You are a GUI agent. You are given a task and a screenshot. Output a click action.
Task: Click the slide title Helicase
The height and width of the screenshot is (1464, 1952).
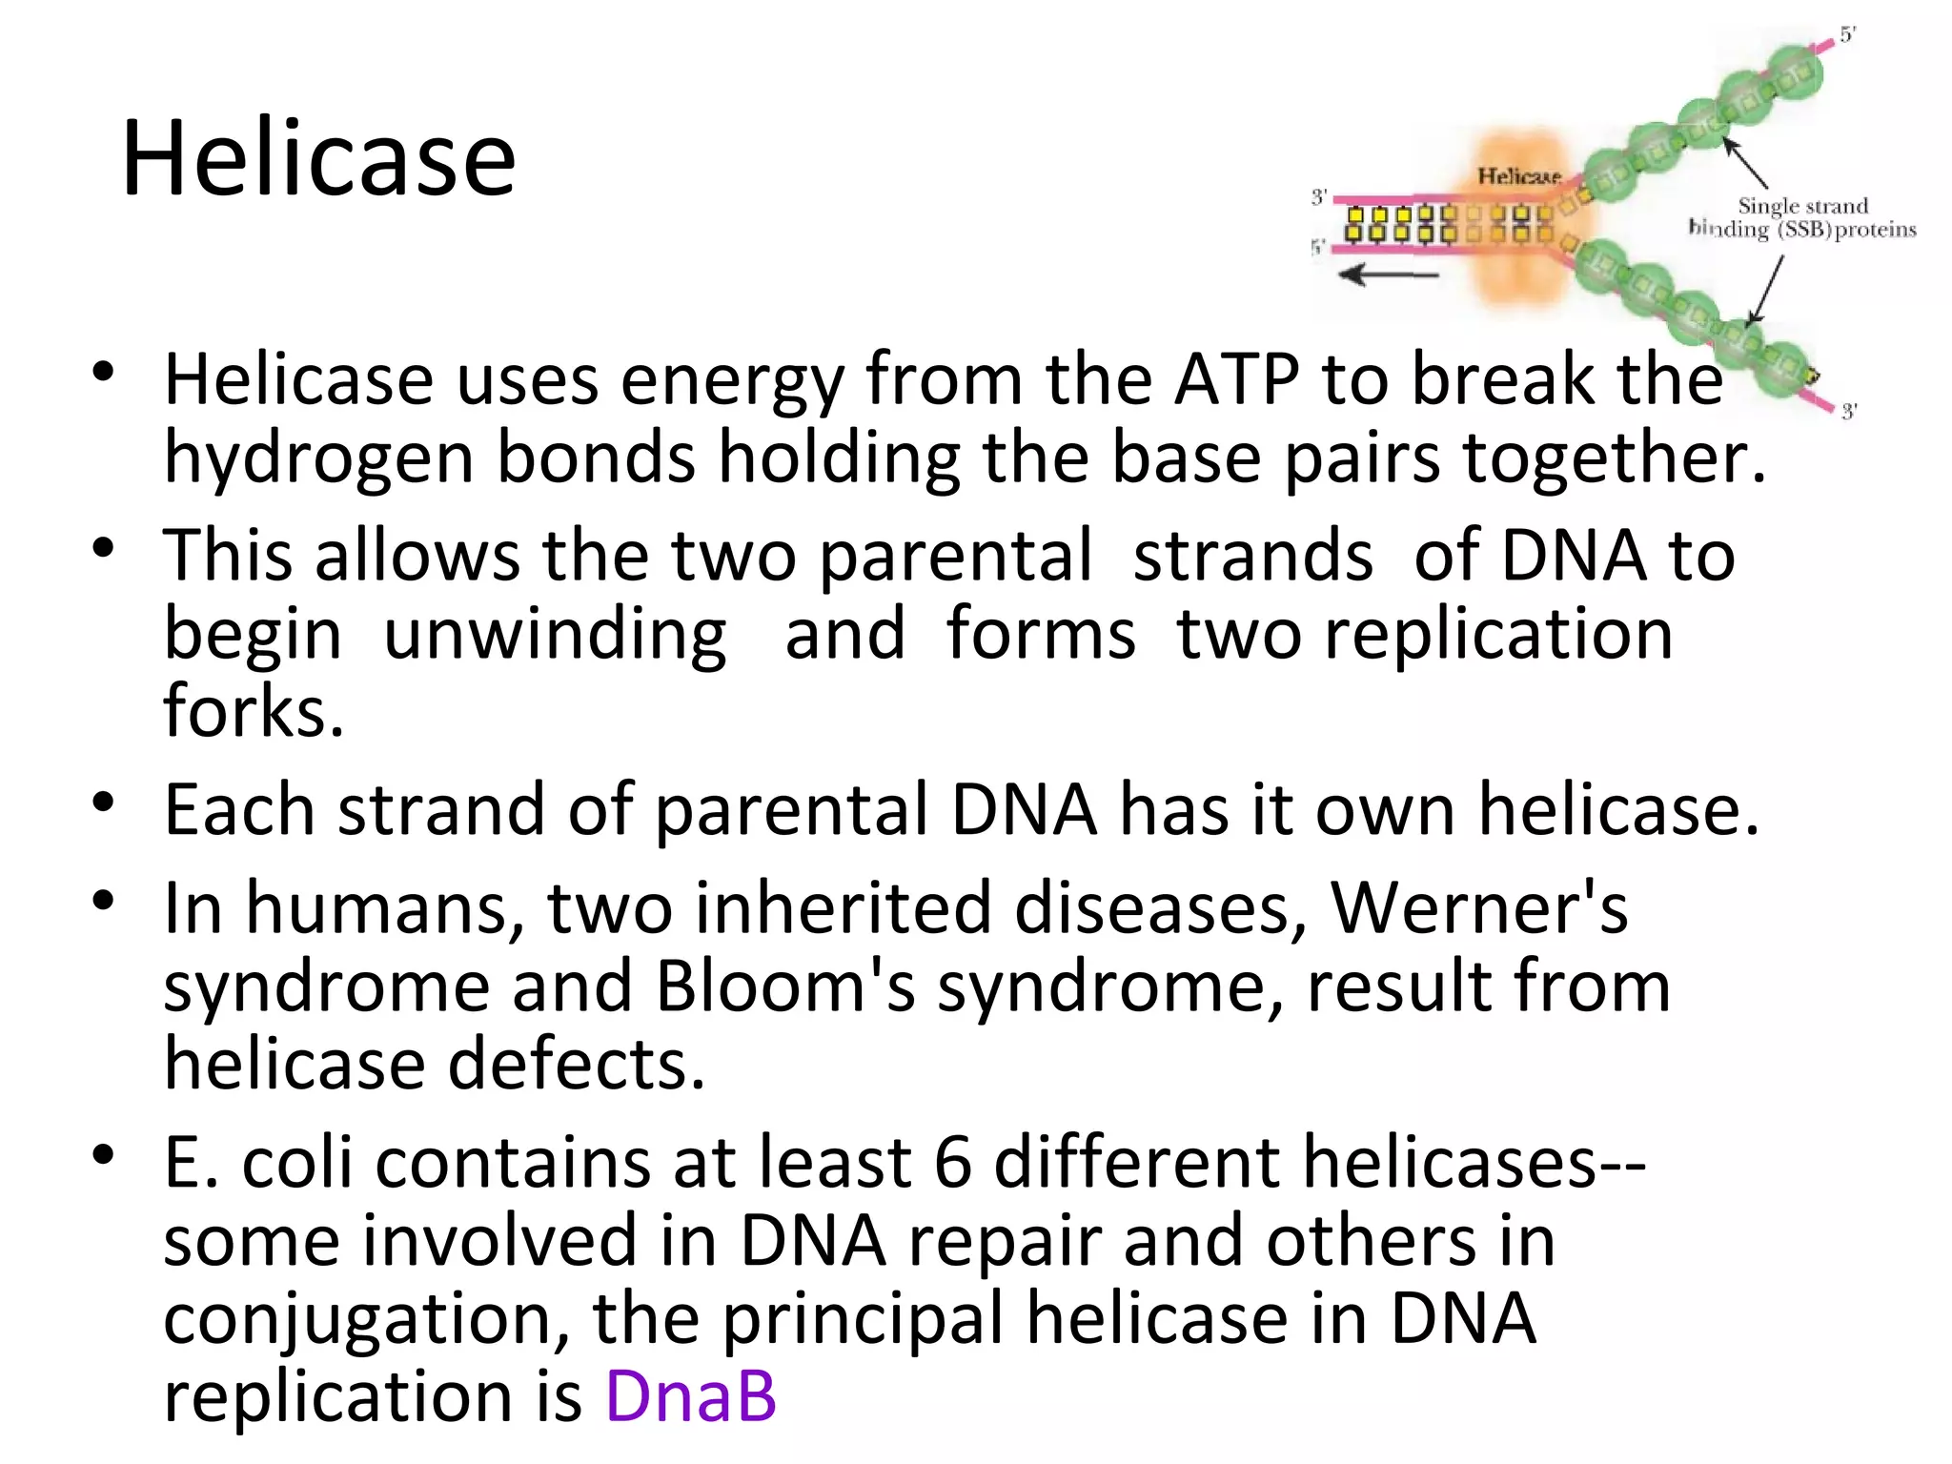point(318,158)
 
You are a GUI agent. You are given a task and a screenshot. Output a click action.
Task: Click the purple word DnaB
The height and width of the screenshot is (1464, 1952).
point(691,1396)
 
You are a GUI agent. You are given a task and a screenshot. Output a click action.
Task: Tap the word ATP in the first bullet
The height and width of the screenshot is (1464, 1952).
point(1236,379)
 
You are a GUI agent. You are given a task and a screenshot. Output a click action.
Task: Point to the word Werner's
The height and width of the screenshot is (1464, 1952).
point(1478,907)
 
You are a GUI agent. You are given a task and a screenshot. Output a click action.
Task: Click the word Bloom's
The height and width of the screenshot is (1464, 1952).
point(784,986)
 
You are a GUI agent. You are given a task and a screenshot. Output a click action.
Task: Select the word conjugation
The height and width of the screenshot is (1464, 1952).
point(366,1321)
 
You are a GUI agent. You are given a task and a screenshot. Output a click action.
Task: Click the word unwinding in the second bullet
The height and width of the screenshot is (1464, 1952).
point(555,635)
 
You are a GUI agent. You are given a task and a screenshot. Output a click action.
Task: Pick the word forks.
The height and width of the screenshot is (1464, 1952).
point(253,711)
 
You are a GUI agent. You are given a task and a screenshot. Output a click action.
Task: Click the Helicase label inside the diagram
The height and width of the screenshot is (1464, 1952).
point(1518,176)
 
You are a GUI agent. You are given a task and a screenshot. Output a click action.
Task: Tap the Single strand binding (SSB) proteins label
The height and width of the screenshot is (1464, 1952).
point(1801,218)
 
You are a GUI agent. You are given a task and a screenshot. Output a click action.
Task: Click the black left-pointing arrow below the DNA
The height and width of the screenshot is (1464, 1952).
point(1389,275)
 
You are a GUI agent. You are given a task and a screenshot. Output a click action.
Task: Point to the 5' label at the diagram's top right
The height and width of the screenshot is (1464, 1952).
point(1847,35)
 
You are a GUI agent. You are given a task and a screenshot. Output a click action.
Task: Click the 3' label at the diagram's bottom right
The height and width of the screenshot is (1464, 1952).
point(1848,412)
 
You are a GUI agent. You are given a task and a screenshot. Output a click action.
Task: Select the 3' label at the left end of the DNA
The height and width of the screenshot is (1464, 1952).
point(1319,197)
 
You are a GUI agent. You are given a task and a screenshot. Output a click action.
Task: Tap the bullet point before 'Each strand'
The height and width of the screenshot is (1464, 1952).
point(104,803)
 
